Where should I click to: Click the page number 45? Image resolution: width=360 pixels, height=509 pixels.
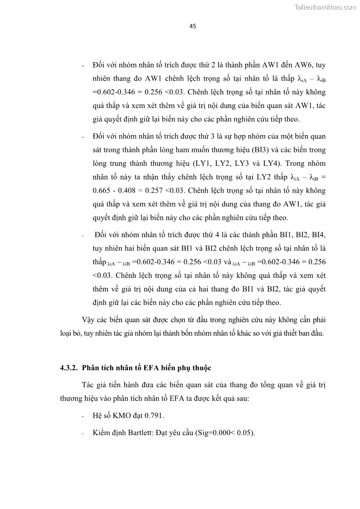[x=192, y=26]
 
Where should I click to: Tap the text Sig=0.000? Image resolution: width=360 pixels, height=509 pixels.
[x=213, y=432]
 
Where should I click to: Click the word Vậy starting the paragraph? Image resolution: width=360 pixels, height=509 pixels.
[x=89, y=320]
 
